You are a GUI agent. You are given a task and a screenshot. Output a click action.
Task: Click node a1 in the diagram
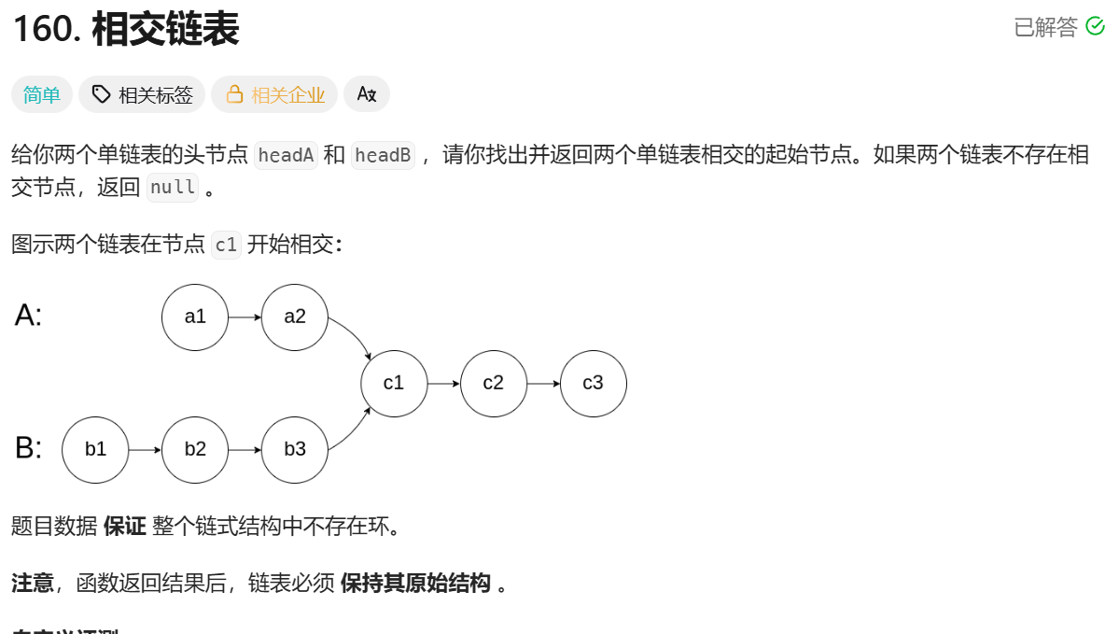[x=195, y=317]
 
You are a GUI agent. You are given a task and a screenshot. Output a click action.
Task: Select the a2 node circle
[x=295, y=317]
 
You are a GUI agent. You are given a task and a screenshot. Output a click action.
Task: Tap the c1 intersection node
[x=394, y=383]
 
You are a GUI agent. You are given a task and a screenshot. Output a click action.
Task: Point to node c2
[x=494, y=383]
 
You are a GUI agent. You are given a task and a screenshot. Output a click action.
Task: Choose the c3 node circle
[x=593, y=383]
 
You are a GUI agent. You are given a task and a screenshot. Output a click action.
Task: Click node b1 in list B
[x=95, y=449]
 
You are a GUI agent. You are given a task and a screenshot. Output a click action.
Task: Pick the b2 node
[x=195, y=449]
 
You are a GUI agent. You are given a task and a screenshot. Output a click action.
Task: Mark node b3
[x=295, y=449]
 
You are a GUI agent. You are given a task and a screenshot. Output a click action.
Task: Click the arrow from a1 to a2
[x=245, y=317]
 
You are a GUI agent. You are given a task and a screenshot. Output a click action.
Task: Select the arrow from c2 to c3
[x=543, y=383]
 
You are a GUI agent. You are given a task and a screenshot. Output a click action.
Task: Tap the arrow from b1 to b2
[x=145, y=449]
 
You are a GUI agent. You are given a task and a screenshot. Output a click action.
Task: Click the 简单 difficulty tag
[x=42, y=94]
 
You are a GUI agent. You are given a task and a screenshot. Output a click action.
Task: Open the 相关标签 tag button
[x=143, y=94]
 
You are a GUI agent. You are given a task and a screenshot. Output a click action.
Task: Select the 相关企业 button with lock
[x=274, y=94]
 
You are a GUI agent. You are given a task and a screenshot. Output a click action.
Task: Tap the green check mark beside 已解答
[x=1095, y=27]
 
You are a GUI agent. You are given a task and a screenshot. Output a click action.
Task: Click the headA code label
[x=286, y=155]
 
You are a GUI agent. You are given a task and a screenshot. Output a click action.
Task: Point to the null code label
[x=173, y=187]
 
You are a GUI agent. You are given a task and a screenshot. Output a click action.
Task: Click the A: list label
[x=29, y=316]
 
